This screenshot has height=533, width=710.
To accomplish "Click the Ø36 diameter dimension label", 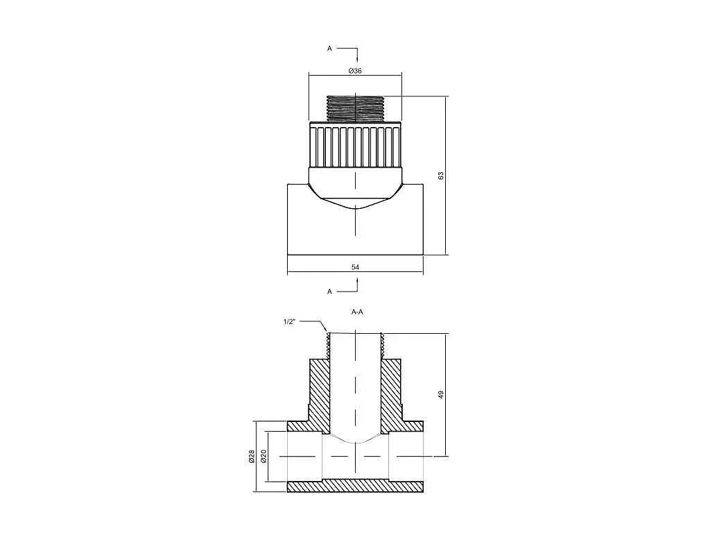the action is tap(355, 71).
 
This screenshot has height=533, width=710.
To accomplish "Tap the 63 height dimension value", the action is tap(441, 176).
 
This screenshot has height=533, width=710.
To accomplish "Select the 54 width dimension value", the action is tap(356, 267).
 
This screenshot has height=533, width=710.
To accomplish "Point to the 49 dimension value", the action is tap(441, 395).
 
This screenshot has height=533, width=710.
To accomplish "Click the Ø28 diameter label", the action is tap(252, 457).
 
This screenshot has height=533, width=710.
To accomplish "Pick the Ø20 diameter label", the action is tap(263, 457).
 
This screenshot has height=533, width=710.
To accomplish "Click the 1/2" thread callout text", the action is tap(289, 322).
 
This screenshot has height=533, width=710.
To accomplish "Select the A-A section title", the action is tap(357, 312).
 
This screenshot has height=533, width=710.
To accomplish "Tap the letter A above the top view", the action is tap(329, 48).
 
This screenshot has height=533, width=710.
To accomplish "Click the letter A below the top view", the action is tap(329, 291).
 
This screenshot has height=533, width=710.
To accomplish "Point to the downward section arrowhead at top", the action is tap(357, 60).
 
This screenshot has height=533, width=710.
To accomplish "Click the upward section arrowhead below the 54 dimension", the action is tap(357, 282).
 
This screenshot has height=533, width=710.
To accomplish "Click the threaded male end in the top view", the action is tap(356, 108).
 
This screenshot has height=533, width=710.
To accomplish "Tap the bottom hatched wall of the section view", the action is tap(356, 487).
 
